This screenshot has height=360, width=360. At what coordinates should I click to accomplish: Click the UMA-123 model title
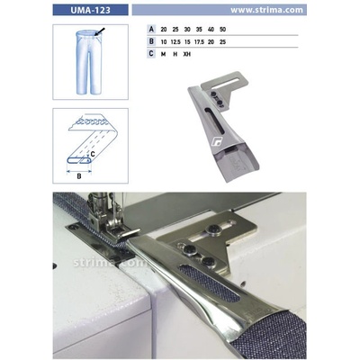(90, 10)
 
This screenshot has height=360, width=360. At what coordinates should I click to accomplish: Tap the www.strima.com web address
(266, 10)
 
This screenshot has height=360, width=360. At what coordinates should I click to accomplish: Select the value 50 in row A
(222, 30)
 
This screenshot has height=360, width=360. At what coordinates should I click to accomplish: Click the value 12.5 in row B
(175, 42)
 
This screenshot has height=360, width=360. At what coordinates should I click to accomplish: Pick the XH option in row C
(187, 54)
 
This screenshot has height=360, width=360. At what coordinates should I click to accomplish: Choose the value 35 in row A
(199, 30)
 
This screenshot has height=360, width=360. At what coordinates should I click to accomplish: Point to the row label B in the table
(151, 41)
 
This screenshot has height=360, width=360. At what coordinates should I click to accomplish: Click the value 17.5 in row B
(199, 42)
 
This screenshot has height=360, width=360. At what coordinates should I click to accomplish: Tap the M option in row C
(163, 54)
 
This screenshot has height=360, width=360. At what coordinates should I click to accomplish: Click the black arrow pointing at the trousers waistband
(100, 31)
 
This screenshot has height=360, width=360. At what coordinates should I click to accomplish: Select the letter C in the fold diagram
(93, 154)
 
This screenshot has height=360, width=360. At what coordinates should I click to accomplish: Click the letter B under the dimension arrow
(79, 176)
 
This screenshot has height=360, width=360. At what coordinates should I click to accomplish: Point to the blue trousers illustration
(89, 62)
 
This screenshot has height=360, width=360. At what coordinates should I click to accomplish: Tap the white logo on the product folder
(217, 141)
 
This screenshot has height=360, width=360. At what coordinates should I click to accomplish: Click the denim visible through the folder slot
(210, 283)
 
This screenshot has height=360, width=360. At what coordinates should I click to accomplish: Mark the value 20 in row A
(164, 30)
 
